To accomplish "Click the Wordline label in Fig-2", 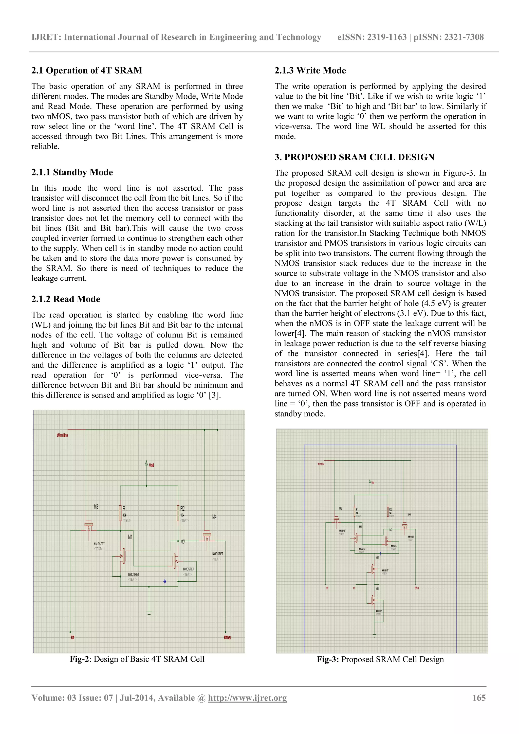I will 62,435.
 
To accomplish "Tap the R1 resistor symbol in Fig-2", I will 120,513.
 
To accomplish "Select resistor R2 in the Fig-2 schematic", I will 178,513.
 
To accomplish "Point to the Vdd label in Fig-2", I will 151,465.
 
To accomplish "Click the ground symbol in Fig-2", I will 149,614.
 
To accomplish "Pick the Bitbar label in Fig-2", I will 228,637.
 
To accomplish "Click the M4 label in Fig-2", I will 214,517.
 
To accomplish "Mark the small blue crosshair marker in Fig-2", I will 164,581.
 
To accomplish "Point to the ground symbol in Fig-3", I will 374,636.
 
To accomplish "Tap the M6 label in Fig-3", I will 377,588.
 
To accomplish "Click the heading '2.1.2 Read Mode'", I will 66,299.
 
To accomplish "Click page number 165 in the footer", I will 479,697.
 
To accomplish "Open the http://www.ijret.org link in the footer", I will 247,697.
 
